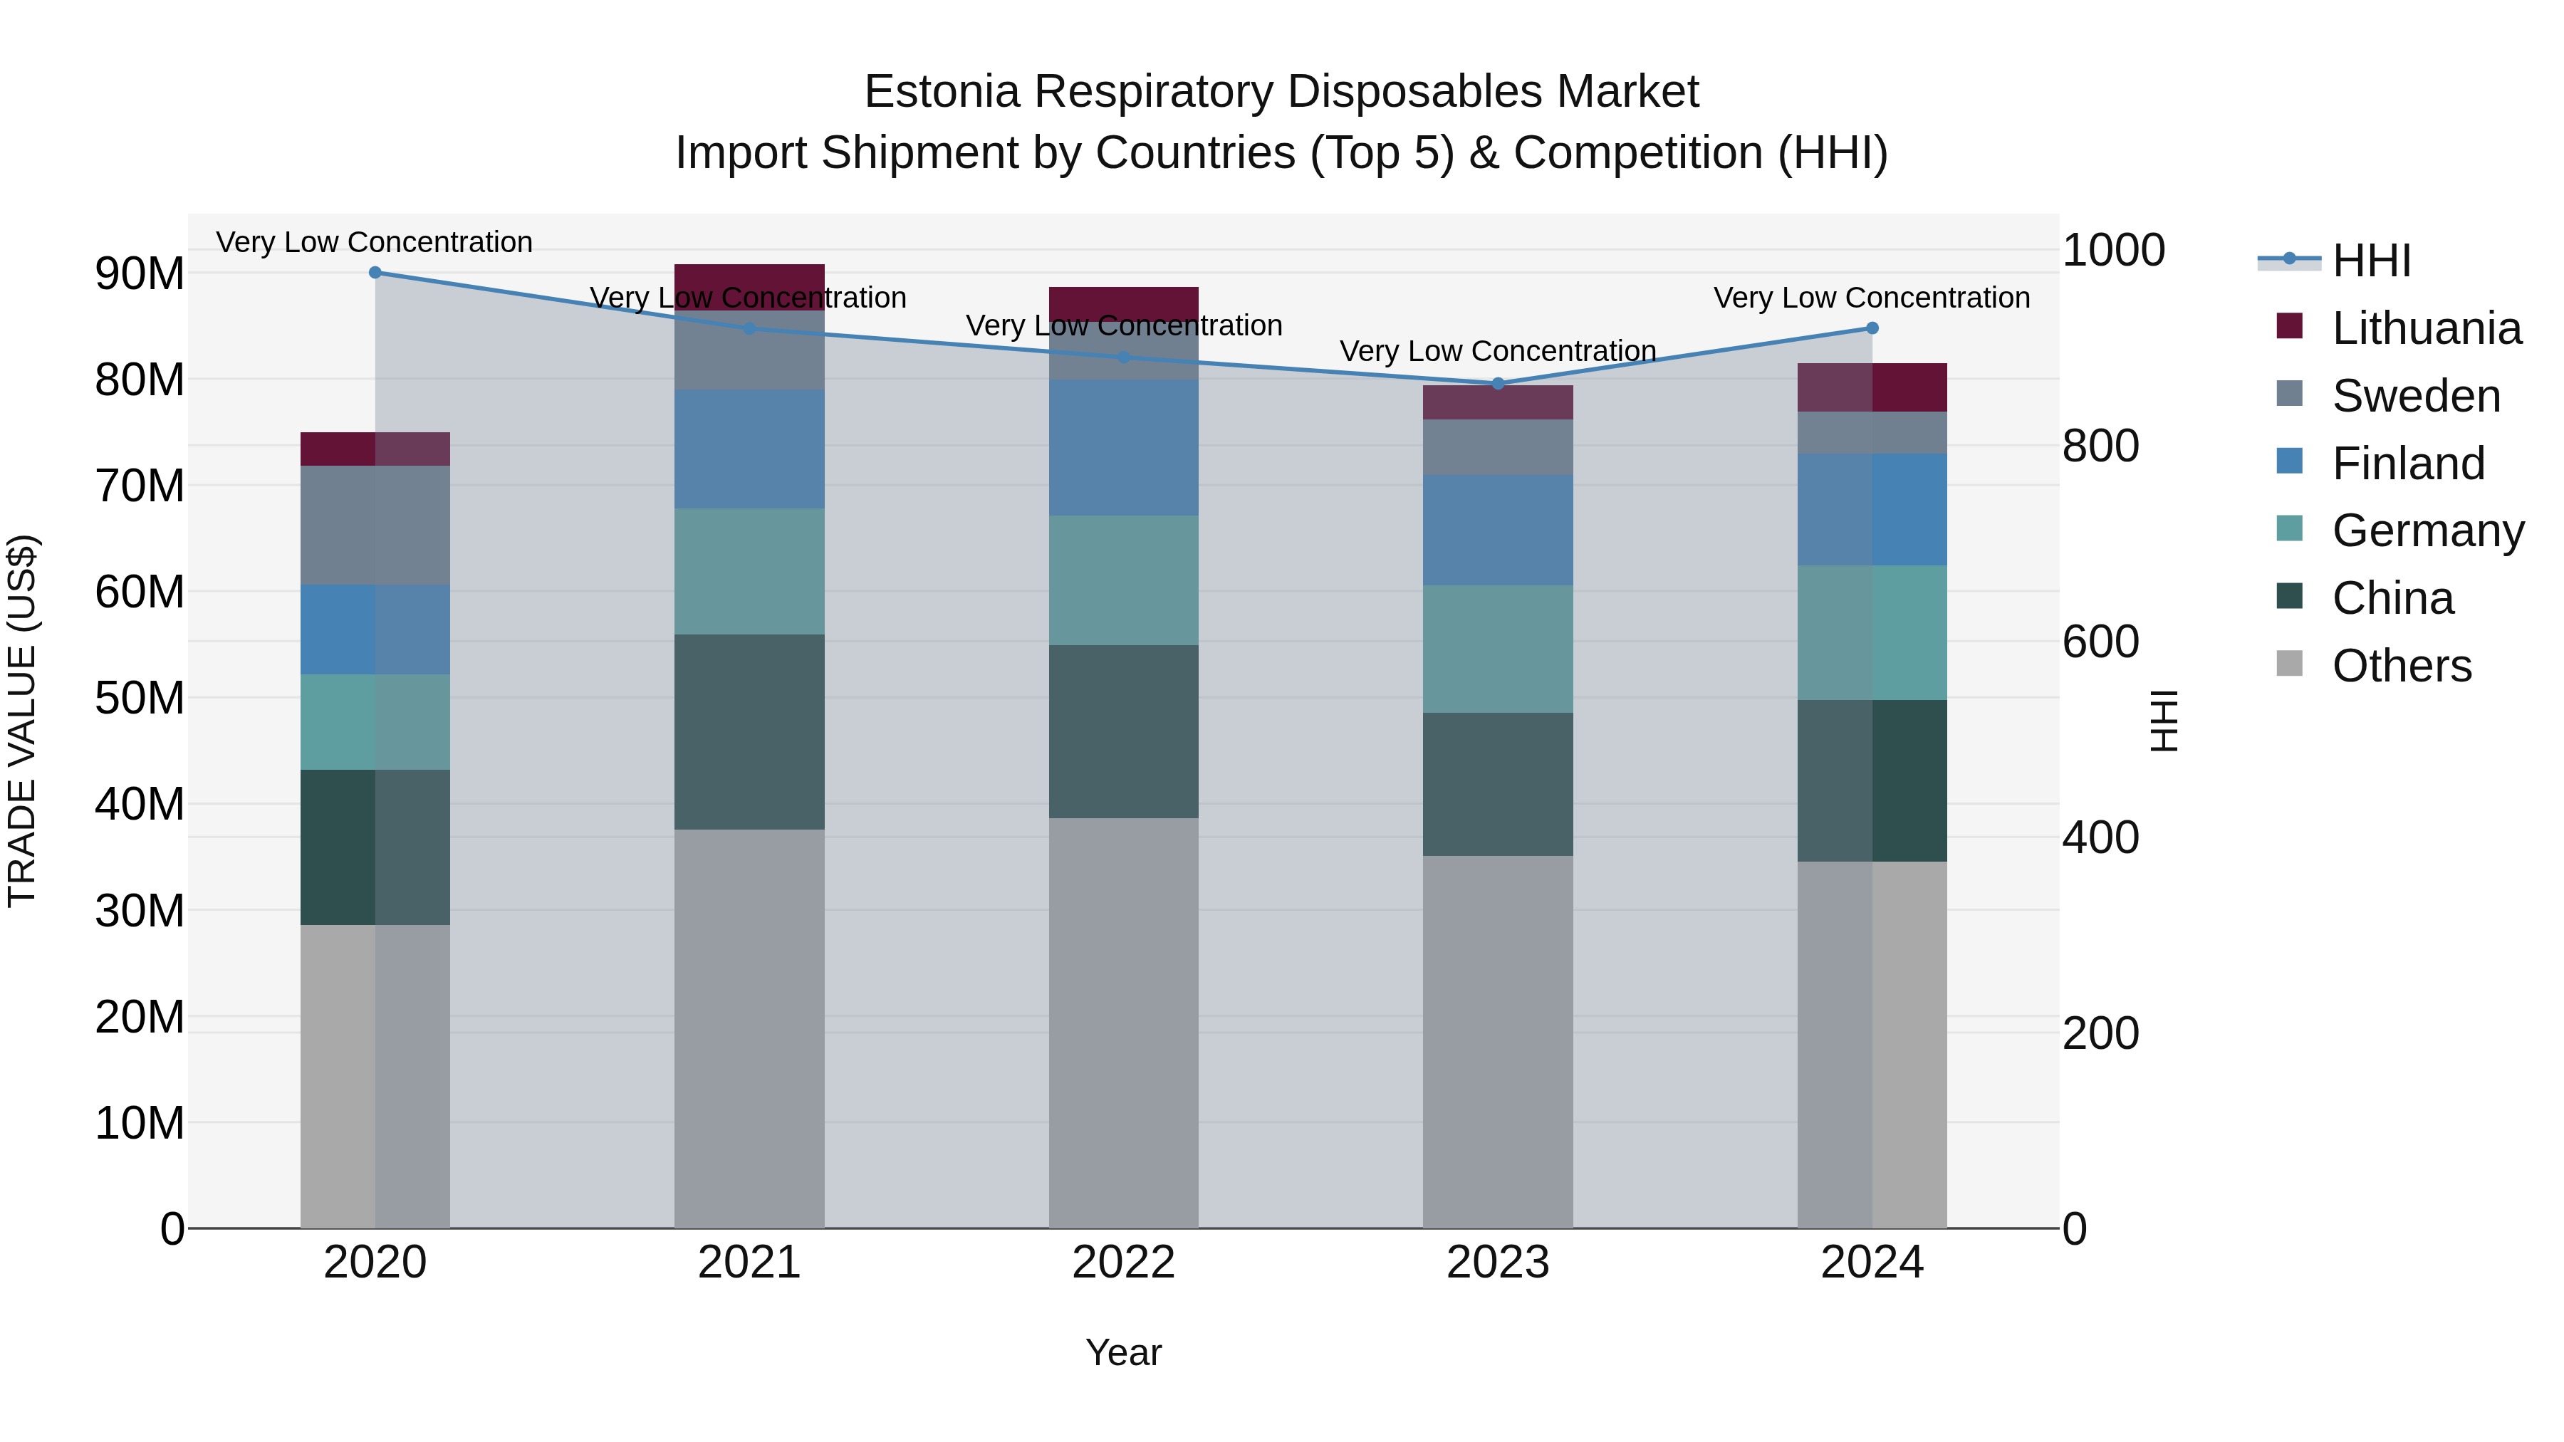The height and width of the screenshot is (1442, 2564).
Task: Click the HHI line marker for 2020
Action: tap(375, 273)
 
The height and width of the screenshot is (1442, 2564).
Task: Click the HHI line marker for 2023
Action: tap(1498, 383)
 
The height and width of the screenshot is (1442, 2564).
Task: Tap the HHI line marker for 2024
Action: tap(1872, 328)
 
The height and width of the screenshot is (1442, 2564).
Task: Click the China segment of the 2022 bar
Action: tap(1124, 731)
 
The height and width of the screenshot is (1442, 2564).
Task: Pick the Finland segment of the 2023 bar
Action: tap(1498, 529)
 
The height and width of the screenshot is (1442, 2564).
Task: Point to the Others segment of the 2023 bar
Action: tap(1498, 1041)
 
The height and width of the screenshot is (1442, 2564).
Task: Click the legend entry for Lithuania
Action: tap(2426, 328)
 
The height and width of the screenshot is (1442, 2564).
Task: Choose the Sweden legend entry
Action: tap(2416, 396)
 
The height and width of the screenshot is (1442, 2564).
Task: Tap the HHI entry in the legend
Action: tap(2371, 261)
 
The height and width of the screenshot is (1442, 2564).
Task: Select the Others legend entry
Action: tap(2401, 666)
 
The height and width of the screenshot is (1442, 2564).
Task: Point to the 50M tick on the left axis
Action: tap(140, 699)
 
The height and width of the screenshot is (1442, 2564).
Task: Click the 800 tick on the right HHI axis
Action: tap(2100, 446)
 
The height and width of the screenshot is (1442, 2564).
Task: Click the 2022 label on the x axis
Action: tap(1124, 1263)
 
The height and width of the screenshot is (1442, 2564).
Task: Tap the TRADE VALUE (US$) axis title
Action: tap(22, 721)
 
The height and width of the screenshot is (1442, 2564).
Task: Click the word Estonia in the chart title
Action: tap(942, 92)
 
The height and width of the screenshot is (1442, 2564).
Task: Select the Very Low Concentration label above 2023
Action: tap(1498, 351)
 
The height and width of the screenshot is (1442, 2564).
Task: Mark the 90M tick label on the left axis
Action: tap(140, 273)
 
